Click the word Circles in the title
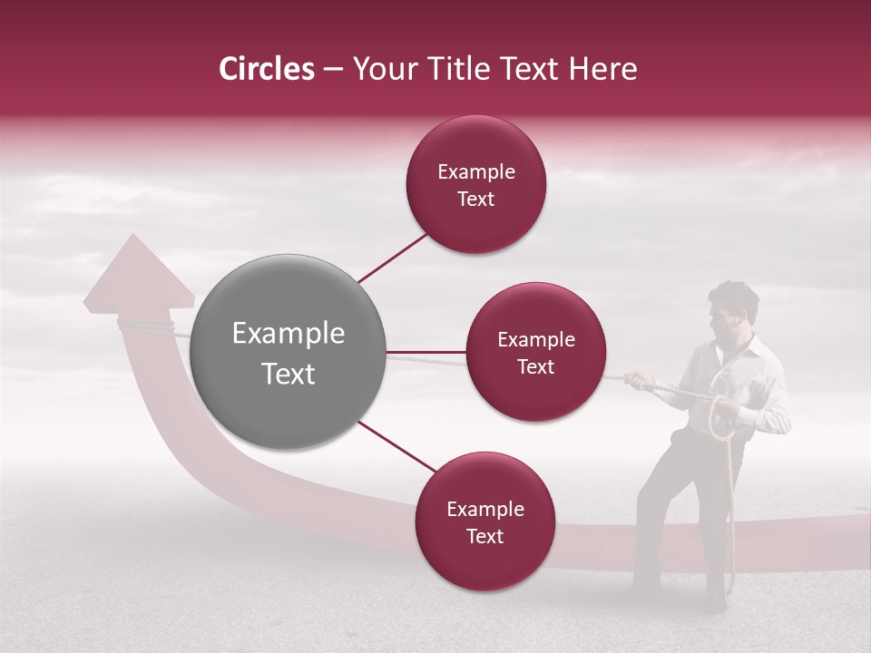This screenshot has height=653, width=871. (266, 69)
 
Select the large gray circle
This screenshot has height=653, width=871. (289, 352)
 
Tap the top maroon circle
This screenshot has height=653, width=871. (475, 185)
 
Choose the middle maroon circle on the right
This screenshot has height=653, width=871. (535, 353)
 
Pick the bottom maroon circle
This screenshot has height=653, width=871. (484, 522)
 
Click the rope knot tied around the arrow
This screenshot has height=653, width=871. (145, 326)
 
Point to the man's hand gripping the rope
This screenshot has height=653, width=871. (639, 380)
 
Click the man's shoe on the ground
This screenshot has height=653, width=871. (717, 599)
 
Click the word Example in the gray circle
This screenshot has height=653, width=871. (289, 334)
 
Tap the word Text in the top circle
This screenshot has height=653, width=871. (475, 200)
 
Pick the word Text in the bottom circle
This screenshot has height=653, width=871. (484, 537)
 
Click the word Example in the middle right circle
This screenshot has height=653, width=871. (535, 340)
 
